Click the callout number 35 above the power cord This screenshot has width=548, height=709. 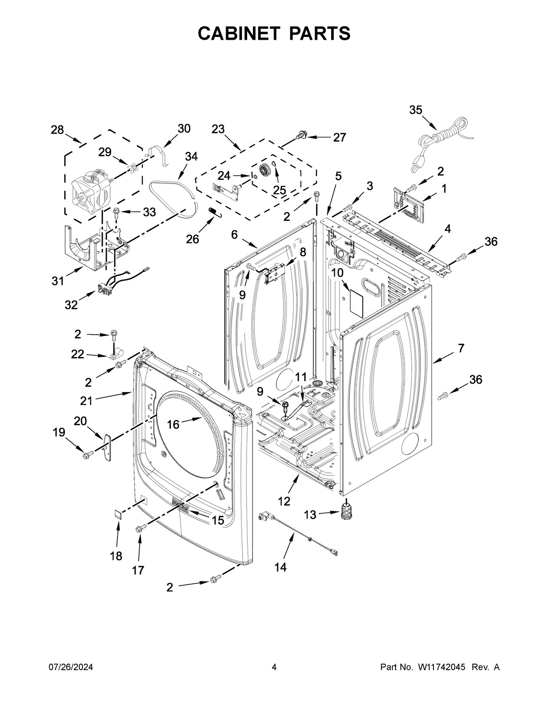(416, 110)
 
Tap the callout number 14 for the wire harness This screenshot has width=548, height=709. (280, 567)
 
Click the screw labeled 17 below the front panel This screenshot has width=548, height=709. (140, 528)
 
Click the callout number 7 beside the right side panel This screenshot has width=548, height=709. (461, 348)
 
